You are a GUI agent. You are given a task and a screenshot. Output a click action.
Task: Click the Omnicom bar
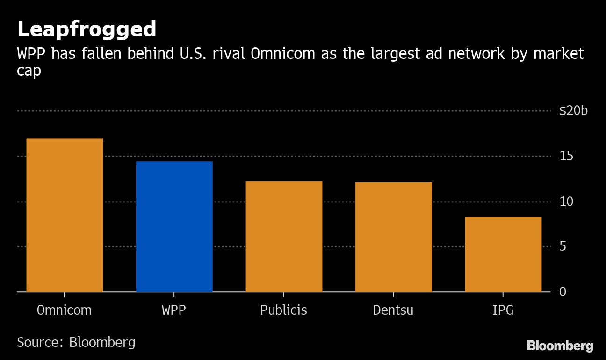(x=65, y=215)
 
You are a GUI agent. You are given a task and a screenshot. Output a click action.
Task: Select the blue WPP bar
(x=174, y=226)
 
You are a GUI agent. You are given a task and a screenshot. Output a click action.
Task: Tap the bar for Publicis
(x=284, y=237)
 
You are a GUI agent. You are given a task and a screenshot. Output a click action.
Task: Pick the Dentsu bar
(x=394, y=237)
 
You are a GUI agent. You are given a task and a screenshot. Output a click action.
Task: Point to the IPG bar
(x=503, y=254)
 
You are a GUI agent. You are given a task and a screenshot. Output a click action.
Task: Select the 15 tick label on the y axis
(x=566, y=156)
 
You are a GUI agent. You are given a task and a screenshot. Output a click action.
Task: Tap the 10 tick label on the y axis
(x=566, y=202)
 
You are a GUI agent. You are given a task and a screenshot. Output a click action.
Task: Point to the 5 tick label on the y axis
(x=563, y=246)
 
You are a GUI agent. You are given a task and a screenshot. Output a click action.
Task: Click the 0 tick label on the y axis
(x=563, y=292)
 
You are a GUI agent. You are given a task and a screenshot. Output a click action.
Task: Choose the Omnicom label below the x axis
(x=64, y=310)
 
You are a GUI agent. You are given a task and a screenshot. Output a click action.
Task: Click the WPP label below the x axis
(x=174, y=310)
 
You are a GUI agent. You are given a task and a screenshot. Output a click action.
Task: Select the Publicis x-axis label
(x=283, y=310)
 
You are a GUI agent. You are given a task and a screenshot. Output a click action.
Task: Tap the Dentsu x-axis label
(x=393, y=310)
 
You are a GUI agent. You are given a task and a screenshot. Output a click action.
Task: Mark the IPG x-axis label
(x=503, y=310)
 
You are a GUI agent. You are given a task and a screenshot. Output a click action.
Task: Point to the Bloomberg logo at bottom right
(x=560, y=346)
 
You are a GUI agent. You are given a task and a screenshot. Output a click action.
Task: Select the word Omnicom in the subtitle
(x=283, y=53)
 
